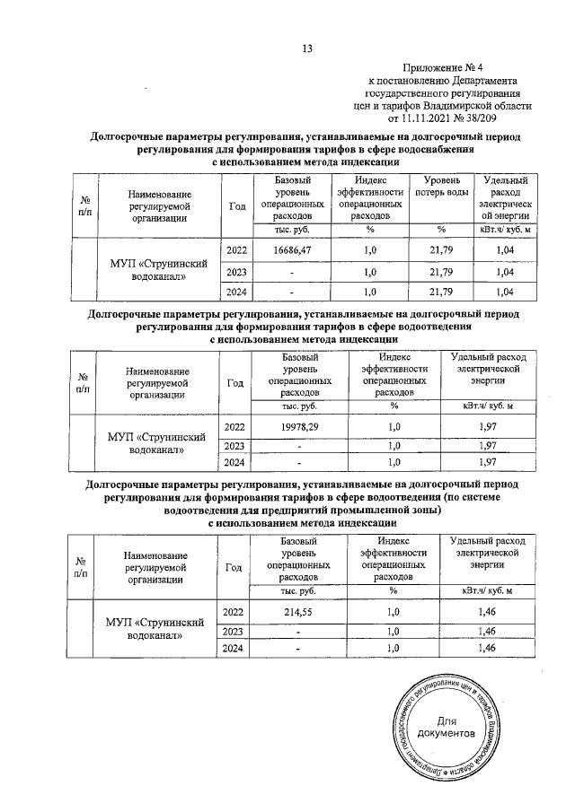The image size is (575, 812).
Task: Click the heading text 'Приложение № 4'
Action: point(446,67)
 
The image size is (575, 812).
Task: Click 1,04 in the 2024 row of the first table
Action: point(504,292)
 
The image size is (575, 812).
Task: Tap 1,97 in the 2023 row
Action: point(487,446)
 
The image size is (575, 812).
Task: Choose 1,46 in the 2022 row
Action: point(487,612)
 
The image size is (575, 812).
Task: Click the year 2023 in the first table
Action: point(236,272)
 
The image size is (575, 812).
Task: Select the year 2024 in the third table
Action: point(234,648)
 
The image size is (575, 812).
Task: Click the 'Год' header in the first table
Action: point(236,205)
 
